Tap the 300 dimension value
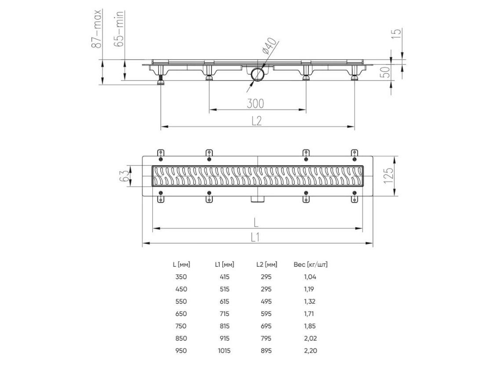pos(255,104)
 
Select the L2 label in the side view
pos(256,121)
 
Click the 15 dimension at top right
pos(396,33)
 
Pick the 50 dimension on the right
pos(386,73)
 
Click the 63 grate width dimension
pos(124,176)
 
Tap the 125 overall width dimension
pos(388,176)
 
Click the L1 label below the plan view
pos(255,238)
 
